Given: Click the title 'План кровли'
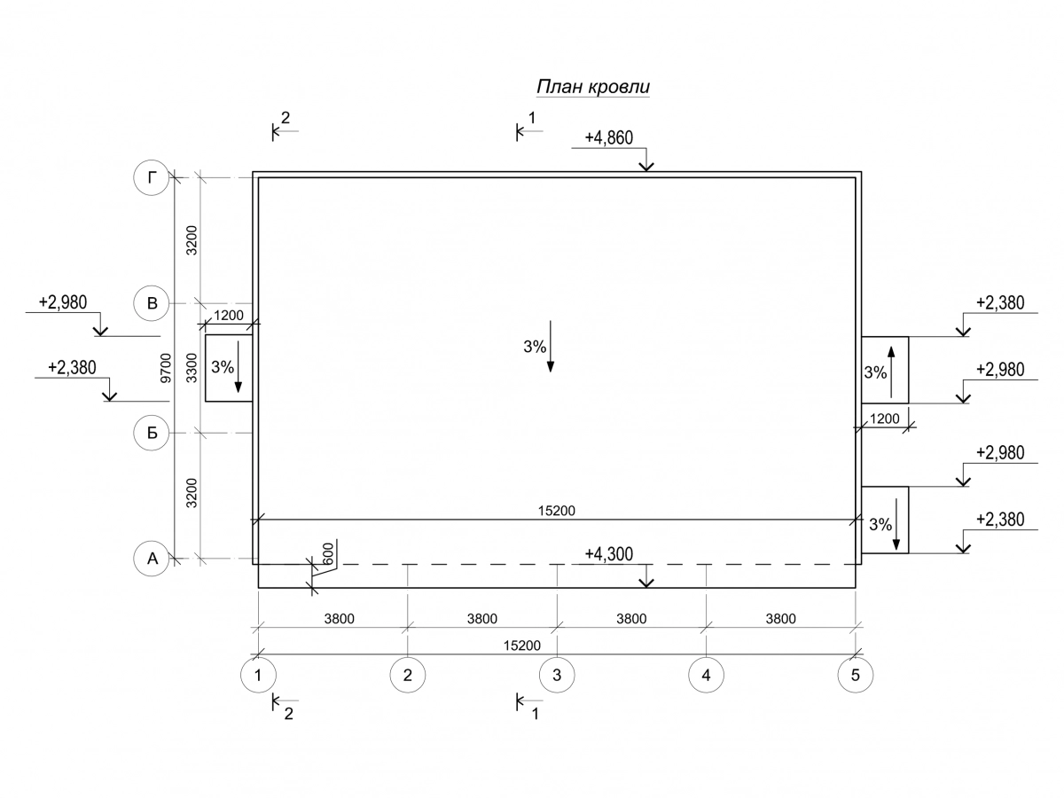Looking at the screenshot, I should pos(593,86).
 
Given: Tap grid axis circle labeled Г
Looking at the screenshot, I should pos(152,178).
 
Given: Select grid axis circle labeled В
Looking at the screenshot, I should pos(152,304).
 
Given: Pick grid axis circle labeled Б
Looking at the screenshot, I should pos(152,433).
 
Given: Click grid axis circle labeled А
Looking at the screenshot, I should pos(152,559).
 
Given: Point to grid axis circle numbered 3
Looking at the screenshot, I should pos(557,675).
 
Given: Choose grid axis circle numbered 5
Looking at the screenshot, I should pos(855,675).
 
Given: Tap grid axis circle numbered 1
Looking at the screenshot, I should pos(258,675).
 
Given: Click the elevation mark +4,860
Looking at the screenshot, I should pos(608,137).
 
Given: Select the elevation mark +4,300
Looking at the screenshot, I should pos(608,554).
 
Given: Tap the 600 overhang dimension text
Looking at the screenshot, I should pos(328,553).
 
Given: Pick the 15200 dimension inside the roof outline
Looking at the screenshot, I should pos(557,511).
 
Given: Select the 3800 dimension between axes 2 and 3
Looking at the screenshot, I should pos(482,619).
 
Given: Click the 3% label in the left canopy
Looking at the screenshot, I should pos(223,365).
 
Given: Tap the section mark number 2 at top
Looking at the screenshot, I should pos(286,117).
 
